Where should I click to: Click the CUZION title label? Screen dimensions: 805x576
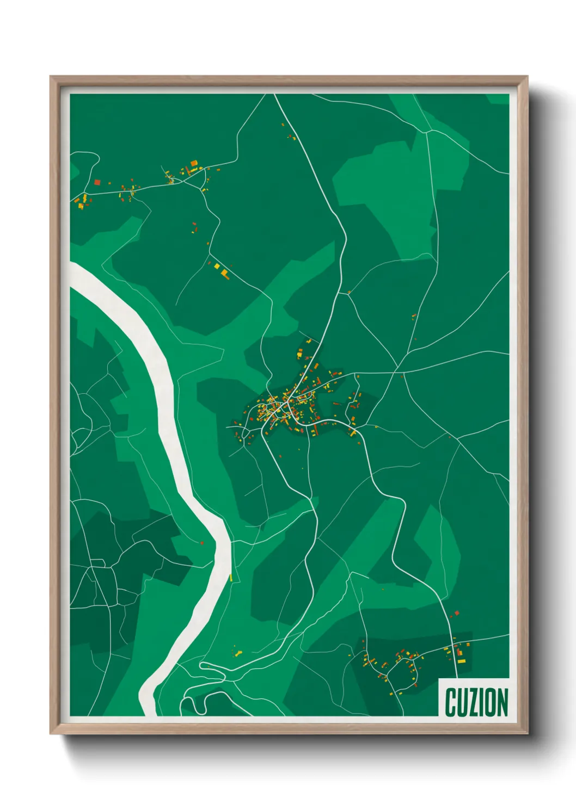point(476,702)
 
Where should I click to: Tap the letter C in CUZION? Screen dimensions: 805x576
point(451,702)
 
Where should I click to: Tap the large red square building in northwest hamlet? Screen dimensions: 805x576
point(97,182)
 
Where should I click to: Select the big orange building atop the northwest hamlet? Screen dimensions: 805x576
point(193,163)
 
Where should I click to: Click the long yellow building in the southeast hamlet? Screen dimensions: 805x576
point(462,661)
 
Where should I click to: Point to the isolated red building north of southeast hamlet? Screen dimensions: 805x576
point(457,613)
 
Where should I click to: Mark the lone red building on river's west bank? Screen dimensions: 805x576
point(202,542)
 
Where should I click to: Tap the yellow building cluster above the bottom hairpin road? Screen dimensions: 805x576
point(237,651)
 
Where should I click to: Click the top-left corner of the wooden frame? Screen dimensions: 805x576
point(51,77)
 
